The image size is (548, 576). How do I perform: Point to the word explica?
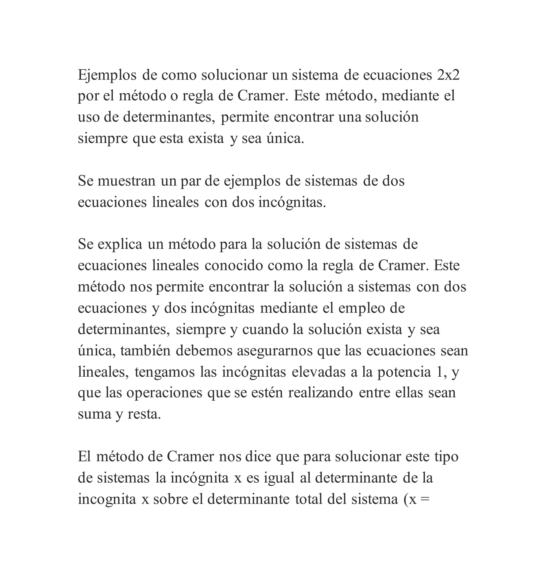pyautogui.click(x=120, y=244)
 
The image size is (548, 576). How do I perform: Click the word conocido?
pyautogui.click(x=234, y=265)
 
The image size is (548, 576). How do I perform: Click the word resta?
pyautogui.click(x=144, y=414)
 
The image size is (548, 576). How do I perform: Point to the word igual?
pyautogui.click(x=279, y=478)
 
